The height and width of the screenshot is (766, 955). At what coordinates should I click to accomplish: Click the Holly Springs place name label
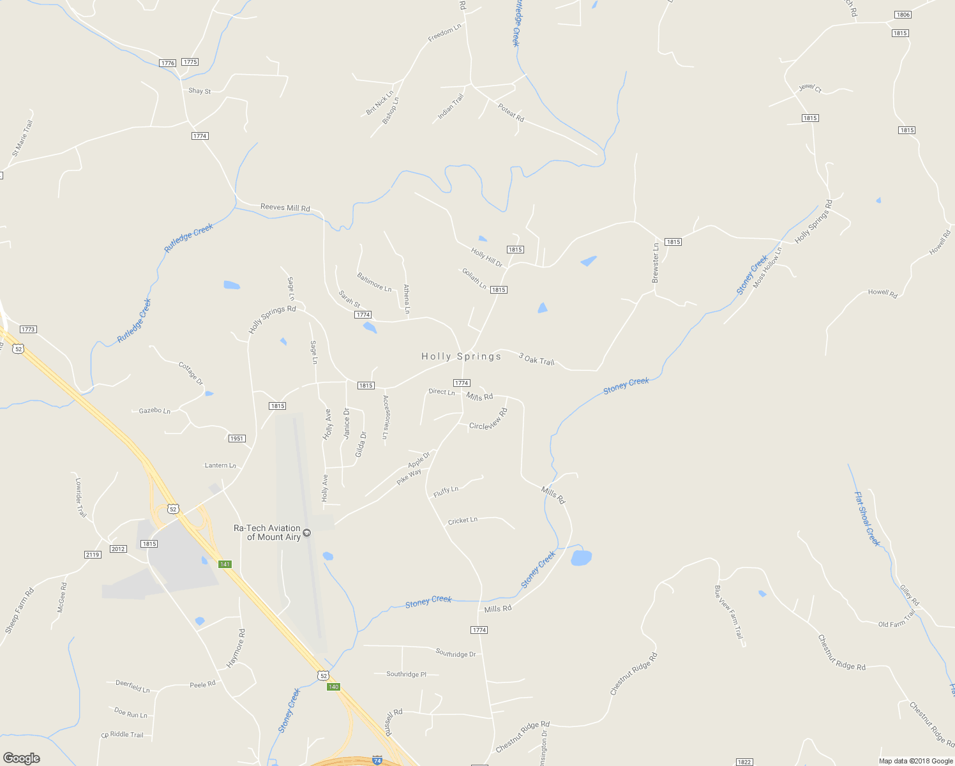tap(461, 356)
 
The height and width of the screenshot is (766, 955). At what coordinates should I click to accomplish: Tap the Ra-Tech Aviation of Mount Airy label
tap(267, 532)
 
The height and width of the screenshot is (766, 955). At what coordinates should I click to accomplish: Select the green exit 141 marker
tap(225, 564)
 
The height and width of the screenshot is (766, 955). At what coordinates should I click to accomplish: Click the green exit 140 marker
tap(333, 687)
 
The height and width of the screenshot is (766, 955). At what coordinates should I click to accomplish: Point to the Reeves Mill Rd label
tap(285, 207)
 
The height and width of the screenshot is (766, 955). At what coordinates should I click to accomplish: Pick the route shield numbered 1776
tap(168, 63)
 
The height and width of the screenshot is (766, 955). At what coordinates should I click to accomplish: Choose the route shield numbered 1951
tap(237, 439)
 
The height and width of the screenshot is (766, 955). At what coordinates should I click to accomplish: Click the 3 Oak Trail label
tap(536, 359)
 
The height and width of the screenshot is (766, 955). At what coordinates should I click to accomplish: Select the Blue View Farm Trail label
tap(728, 612)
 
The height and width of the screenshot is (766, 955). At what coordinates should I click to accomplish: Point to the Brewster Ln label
tap(655, 263)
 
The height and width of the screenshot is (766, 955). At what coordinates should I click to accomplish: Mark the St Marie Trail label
tap(22, 139)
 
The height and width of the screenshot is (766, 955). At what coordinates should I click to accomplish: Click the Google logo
tap(22, 758)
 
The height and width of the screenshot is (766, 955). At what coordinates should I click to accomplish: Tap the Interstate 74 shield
tap(377, 761)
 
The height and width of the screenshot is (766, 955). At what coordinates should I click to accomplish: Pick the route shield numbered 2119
tap(93, 555)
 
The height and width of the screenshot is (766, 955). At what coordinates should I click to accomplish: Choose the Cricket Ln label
tap(463, 521)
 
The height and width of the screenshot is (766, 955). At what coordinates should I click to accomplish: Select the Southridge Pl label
tap(406, 674)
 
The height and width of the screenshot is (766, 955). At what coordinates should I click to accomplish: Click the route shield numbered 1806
tap(903, 15)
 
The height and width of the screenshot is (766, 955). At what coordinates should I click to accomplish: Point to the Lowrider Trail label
tap(80, 497)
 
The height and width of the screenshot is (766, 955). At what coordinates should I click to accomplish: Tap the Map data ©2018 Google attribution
tap(915, 761)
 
